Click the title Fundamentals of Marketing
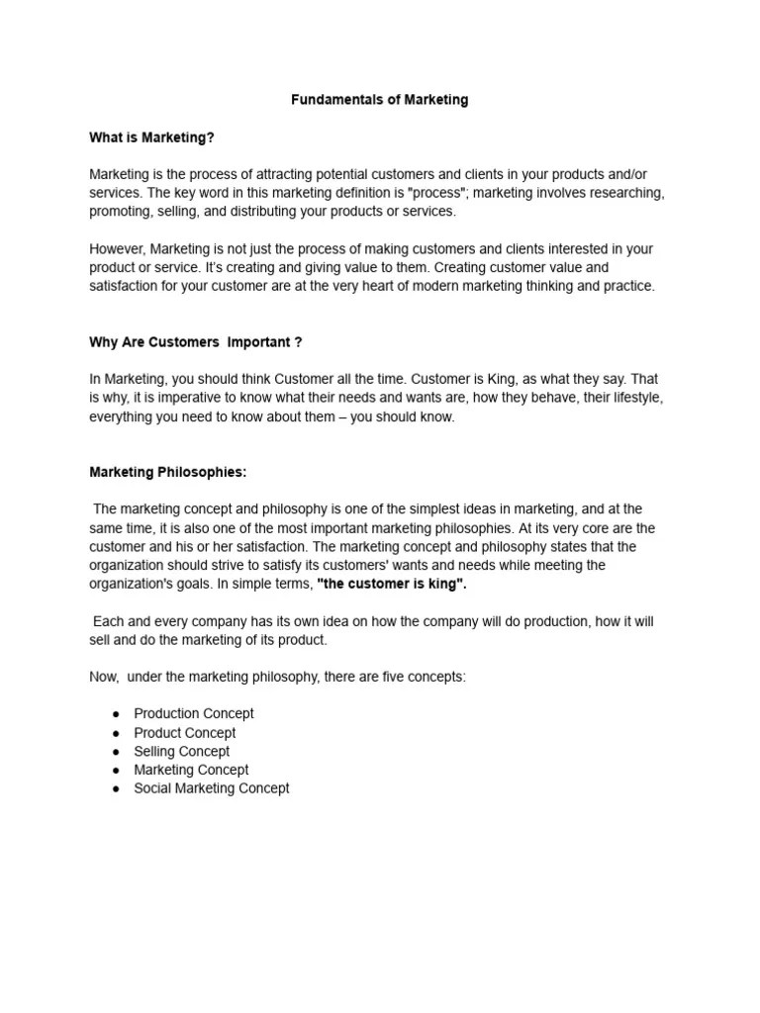(379, 100)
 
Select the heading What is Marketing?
(151, 138)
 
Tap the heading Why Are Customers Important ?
(196, 342)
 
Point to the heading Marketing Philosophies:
(168, 473)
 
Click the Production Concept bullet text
(194, 713)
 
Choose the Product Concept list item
(185, 733)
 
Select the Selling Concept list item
(182, 752)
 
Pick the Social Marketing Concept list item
(212, 788)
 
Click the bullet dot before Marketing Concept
(116, 771)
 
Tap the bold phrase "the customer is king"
(391, 585)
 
